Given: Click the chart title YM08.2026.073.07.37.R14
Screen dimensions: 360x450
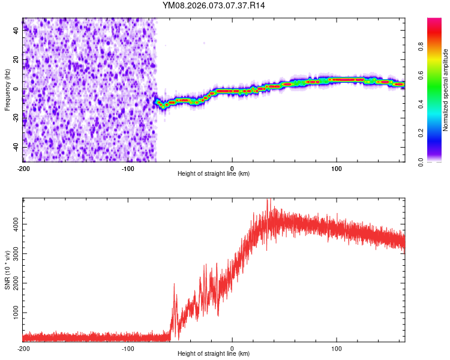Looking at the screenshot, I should pyautogui.click(x=214, y=5).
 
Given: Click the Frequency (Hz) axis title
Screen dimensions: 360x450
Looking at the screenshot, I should pyautogui.click(x=7, y=90).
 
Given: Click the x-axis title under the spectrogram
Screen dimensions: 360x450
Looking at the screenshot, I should pyautogui.click(x=214, y=173).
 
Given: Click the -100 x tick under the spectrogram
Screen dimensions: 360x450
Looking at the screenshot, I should pyautogui.click(x=127, y=167).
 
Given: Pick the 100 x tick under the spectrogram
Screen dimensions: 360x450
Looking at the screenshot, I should pyautogui.click(x=337, y=167).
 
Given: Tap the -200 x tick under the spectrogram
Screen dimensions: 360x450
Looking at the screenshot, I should pyautogui.click(x=23, y=167).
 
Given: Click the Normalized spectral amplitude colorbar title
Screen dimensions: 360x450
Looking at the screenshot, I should pyautogui.click(x=445, y=90).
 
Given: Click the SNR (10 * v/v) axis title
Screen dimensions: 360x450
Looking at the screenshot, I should pyautogui.click(x=7, y=270).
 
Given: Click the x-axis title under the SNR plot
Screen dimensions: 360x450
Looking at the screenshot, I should pyautogui.click(x=214, y=353).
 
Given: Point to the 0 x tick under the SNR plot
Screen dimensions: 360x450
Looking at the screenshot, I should pyautogui.click(x=232, y=348).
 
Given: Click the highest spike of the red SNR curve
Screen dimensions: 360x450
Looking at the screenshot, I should pyautogui.click(x=268, y=200).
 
